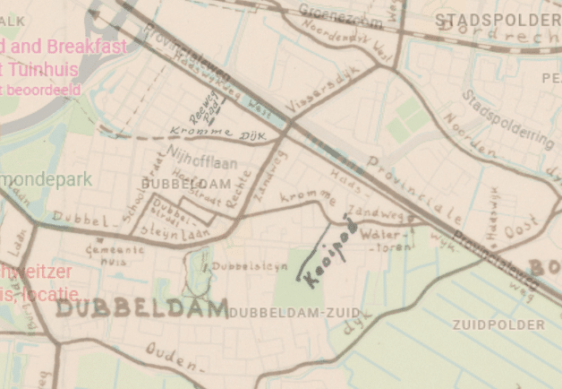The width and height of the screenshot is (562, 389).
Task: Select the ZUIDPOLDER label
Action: click(498, 324)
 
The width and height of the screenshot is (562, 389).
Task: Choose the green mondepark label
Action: click(45, 179)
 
